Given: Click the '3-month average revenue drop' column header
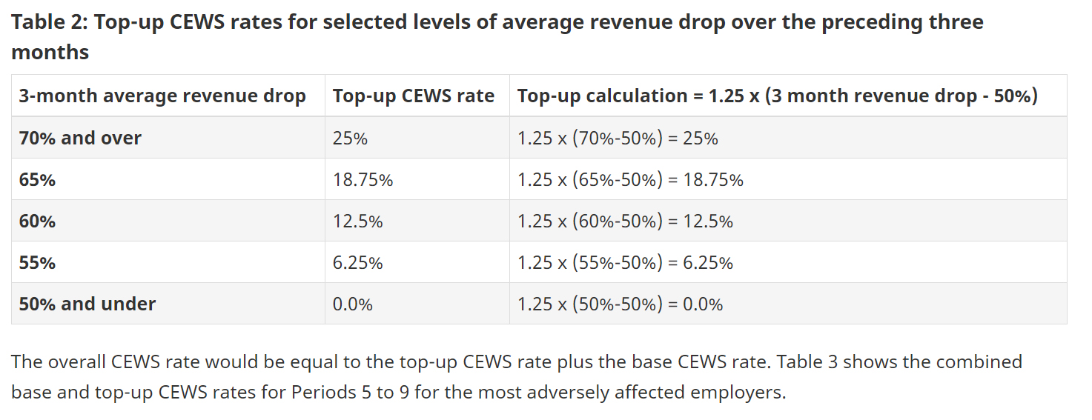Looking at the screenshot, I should tap(162, 96).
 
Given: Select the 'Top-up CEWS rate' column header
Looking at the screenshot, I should tap(413, 96).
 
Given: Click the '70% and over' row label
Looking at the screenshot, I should tap(79, 139).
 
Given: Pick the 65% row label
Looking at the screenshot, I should tap(37, 180).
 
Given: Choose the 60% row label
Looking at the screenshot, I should tap(37, 221).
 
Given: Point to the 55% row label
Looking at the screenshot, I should tap(37, 263).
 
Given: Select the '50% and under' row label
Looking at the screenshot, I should tap(87, 304).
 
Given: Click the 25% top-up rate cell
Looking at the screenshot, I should tap(349, 139).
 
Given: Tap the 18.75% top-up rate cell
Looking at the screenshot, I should tap(363, 180).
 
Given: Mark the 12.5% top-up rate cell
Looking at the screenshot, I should tap(357, 221).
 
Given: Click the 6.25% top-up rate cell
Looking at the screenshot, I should tap(357, 263).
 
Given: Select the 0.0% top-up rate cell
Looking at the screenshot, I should tap(352, 304).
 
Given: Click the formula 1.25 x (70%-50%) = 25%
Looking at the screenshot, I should tap(617, 139).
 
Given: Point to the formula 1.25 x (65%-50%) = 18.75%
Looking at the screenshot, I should tap(629, 180).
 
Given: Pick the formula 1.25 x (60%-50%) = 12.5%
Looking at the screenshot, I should tap(624, 221).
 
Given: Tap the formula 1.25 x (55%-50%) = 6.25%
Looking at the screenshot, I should tap(624, 263).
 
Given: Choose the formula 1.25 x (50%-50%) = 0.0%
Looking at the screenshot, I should tap(619, 304).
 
